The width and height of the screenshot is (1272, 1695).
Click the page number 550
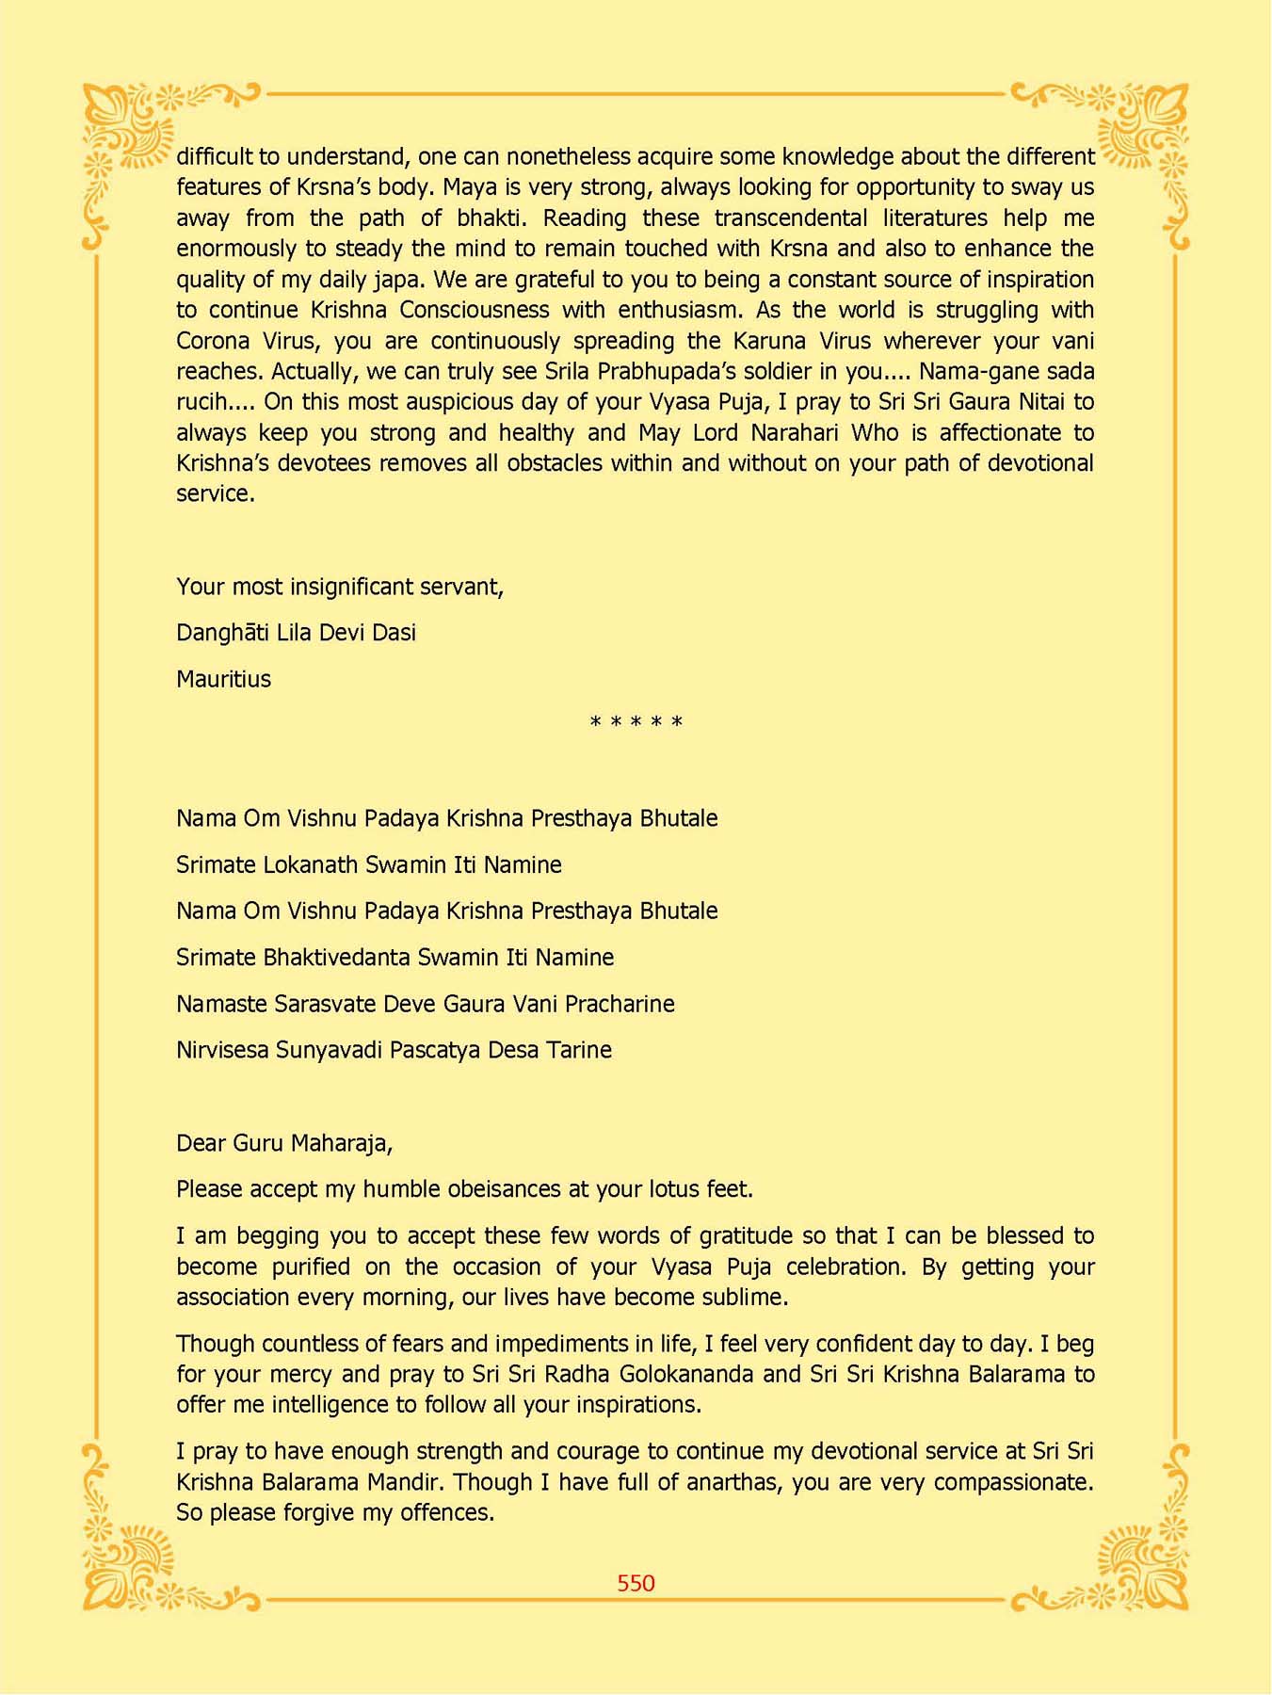pyautogui.click(x=636, y=1583)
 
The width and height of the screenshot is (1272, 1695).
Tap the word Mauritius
pyautogui.click(x=223, y=679)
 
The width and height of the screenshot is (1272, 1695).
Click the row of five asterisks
pyautogui.click(x=636, y=723)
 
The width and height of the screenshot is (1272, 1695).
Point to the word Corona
pyautogui.click(x=212, y=341)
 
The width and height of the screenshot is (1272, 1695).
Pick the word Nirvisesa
pyautogui.click(x=222, y=1050)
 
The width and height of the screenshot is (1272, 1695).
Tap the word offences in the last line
pyautogui.click(x=446, y=1513)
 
